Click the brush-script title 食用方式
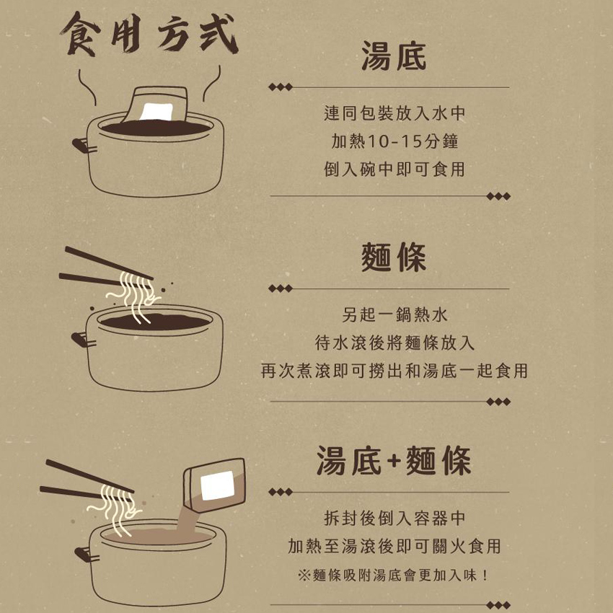click(149, 34)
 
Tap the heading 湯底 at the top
click(393, 56)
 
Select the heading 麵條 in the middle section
click(393, 257)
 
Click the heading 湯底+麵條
click(393, 461)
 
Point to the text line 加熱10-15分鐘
click(394, 141)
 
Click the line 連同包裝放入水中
click(394, 113)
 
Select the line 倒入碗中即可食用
click(394, 169)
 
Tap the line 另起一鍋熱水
click(394, 314)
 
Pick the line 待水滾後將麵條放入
click(394, 343)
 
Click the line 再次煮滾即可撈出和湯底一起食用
click(394, 371)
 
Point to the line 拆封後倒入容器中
click(394, 519)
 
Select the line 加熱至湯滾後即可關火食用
click(394, 546)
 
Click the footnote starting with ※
click(393, 575)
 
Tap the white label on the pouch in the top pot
click(156, 113)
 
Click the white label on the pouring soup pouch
click(218, 485)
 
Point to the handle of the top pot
click(83, 146)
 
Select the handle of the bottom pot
click(86, 555)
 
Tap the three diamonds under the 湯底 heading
click(281, 87)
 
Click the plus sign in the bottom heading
click(394, 461)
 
